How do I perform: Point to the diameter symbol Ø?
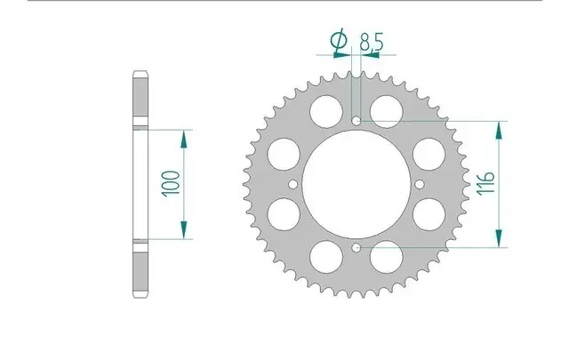(338, 40)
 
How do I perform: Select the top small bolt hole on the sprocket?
(357, 120)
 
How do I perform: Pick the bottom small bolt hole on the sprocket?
(357, 246)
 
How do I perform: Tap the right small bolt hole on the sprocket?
(420, 183)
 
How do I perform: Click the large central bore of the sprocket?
(357, 183)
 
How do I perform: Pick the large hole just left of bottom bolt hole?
(325, 259)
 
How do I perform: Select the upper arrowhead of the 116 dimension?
(501, 127)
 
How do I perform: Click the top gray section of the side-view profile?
(140, 96)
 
